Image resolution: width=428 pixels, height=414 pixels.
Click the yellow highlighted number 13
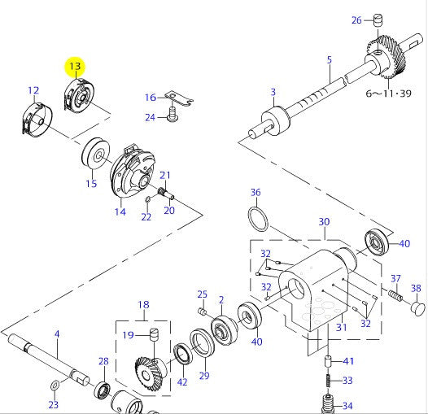[75, 66]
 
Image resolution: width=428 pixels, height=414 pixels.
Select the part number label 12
[33, 90]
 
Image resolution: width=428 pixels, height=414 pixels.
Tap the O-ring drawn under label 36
[258, 220]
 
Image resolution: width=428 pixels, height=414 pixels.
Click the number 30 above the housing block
[324, 222]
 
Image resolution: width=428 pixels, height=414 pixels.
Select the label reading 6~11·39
[390, 94]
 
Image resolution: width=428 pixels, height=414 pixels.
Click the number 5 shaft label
[329, 59]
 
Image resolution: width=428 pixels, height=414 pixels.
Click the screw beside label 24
[173, 117]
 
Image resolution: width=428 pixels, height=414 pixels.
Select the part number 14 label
[120, 212]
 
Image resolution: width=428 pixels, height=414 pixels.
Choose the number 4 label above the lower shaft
[56, 333]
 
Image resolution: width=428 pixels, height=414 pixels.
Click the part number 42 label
[182, 382]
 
